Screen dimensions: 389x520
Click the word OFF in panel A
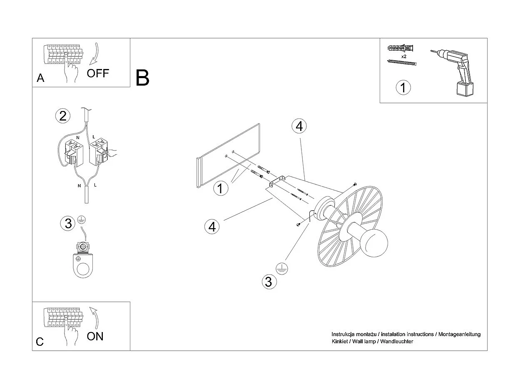(x=98, y=74)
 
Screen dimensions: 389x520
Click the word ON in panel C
(x=95, y=336)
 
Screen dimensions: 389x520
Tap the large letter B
(x=142, y=78)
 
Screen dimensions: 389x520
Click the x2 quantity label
(x=404, y=56)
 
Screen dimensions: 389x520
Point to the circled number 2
(x=62, y=116)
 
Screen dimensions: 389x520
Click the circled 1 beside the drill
(x=403, y=88)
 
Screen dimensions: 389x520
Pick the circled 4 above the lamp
(x=299, y=126)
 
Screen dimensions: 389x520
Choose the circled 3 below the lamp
(x=269, y=282)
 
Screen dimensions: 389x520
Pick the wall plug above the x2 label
(x=401, y=47)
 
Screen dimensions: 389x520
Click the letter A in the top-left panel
(x=40, y=78)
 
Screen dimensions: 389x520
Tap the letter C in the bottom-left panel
(x=40, y=342)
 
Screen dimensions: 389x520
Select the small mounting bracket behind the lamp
(x=276, y=182)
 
